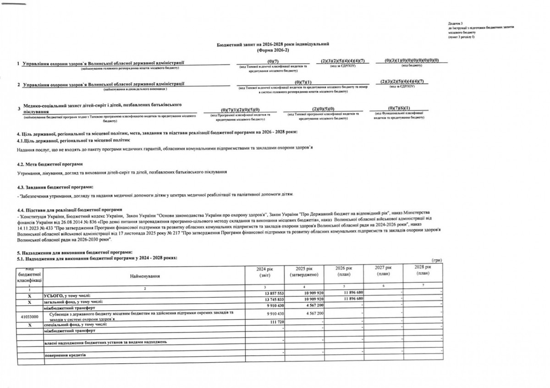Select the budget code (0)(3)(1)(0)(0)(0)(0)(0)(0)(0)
coord(411,61)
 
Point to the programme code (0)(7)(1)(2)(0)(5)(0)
coord(240,110)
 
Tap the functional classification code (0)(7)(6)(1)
coord(398,108)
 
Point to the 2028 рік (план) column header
coord(423,270)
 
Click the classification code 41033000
coord(29,316)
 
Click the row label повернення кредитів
coord(65,355)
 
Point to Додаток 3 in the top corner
coord(456,23)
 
